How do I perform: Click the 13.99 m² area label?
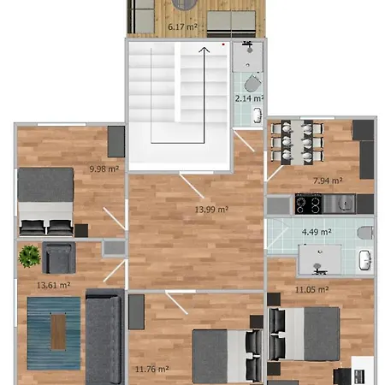click(211, 210)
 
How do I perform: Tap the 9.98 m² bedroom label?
click(104, 169)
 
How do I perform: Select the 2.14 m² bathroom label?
click(249, 98)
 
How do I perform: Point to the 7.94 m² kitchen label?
click(328, 181)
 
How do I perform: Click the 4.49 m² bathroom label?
click(317, 232)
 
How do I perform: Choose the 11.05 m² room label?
click(311, 290)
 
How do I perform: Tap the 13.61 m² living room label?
click(54, 285)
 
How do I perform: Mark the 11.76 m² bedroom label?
click(151, 370)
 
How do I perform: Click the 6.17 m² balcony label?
click(182, 27)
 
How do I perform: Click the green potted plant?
click(29, 256)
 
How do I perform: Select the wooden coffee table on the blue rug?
click(58, 332)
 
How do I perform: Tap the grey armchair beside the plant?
click(59, 258)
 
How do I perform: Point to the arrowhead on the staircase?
click(204, 50)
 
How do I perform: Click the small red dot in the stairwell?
click(223, 44)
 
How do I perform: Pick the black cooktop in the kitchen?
click(308, 204)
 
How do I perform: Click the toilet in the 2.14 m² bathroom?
click(252, 83)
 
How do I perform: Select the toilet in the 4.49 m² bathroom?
click(365, 233)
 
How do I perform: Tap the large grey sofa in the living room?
click(104, 336)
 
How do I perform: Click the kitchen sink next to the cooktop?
click(339, 204)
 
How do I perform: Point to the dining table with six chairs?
click(297, 143)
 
